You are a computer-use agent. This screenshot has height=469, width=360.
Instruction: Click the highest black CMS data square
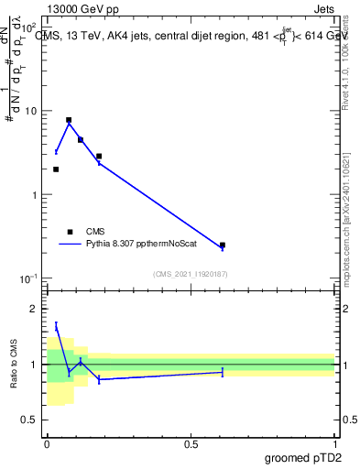click(x=69, y=120)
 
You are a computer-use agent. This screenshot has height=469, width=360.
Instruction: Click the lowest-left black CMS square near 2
click(x=56, y=169)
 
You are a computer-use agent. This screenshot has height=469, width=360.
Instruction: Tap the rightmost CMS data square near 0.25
click(x=223, y=245)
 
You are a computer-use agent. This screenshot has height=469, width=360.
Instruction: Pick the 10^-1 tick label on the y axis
click(x=28, y=279)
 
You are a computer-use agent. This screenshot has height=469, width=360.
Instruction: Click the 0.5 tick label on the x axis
click(x=191, y=444)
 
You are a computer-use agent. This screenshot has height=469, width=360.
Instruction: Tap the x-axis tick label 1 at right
click(x=334, y=444)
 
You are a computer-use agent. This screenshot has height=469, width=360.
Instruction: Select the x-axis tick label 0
click(x=47, y=444)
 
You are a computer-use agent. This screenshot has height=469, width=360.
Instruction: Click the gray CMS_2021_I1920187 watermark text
click(x=191, y=273)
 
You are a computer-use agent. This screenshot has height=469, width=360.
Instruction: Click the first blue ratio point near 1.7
click(x=56, y=325)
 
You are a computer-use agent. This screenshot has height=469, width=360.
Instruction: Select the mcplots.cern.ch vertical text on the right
click(x=351, y=229)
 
